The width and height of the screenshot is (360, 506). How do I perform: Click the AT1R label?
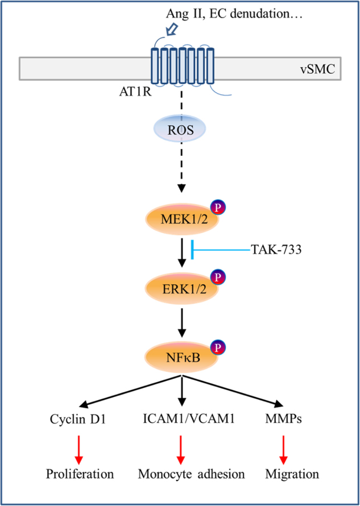(x=124, y=90)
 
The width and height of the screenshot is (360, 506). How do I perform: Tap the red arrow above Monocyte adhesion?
(x=181, y=447)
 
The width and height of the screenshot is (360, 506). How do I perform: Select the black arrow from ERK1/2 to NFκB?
(x=181, y=323)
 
